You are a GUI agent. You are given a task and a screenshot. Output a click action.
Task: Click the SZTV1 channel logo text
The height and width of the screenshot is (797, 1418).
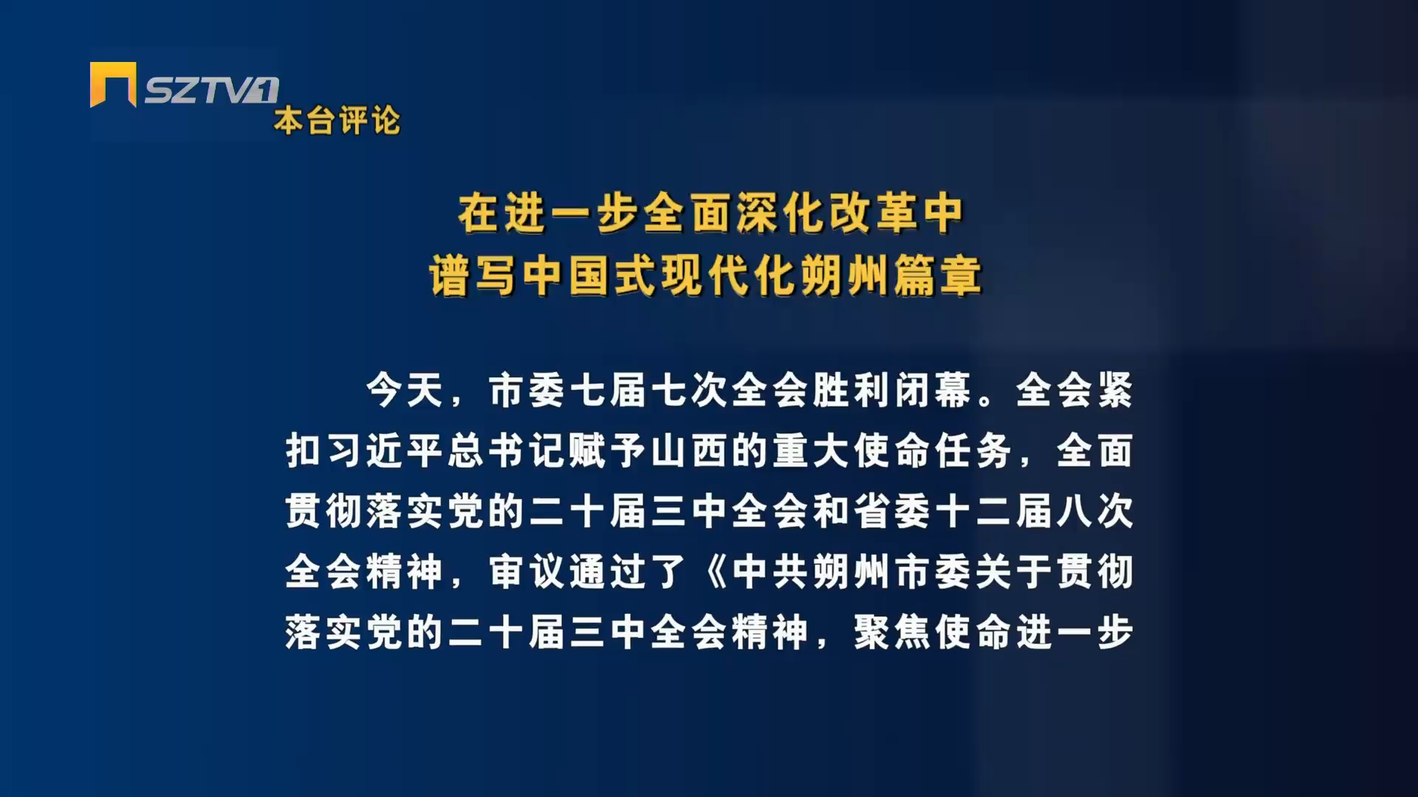(211, 90)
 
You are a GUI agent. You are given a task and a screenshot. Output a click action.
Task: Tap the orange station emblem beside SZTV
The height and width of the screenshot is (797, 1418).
(113, 84)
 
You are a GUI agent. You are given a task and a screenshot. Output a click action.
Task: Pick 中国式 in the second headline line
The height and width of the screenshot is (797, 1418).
(590, 276)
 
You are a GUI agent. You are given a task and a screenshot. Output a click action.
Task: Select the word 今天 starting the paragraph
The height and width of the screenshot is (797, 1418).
(405, 390)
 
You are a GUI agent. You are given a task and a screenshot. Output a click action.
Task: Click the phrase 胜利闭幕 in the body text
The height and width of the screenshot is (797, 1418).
(892, 390)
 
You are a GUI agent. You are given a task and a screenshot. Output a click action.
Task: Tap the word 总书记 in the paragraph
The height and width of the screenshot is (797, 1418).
(507, 451)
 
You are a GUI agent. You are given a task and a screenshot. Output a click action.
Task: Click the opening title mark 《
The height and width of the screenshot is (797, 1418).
(714, 572)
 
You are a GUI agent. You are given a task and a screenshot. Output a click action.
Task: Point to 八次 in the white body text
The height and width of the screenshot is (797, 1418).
(1095, 511)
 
